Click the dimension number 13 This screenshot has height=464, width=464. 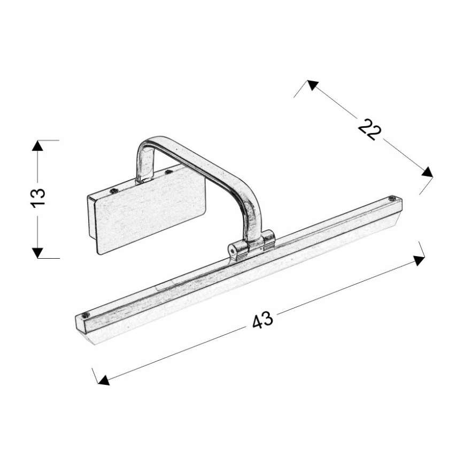coord(38,198)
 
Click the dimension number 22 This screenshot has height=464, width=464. coord(369,129)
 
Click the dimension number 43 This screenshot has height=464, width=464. coord(262,320)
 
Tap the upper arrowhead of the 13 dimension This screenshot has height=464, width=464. coord(37,145)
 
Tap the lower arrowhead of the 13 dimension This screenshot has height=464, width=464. coord(37,253)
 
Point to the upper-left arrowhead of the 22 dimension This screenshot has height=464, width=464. coord(312,84)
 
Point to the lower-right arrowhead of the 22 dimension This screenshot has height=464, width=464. coord(427,172)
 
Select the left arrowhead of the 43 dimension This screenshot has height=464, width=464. coord(104,380)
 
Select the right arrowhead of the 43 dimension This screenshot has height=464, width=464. coord(419,260)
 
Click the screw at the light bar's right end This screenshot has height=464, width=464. coord(392,198)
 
